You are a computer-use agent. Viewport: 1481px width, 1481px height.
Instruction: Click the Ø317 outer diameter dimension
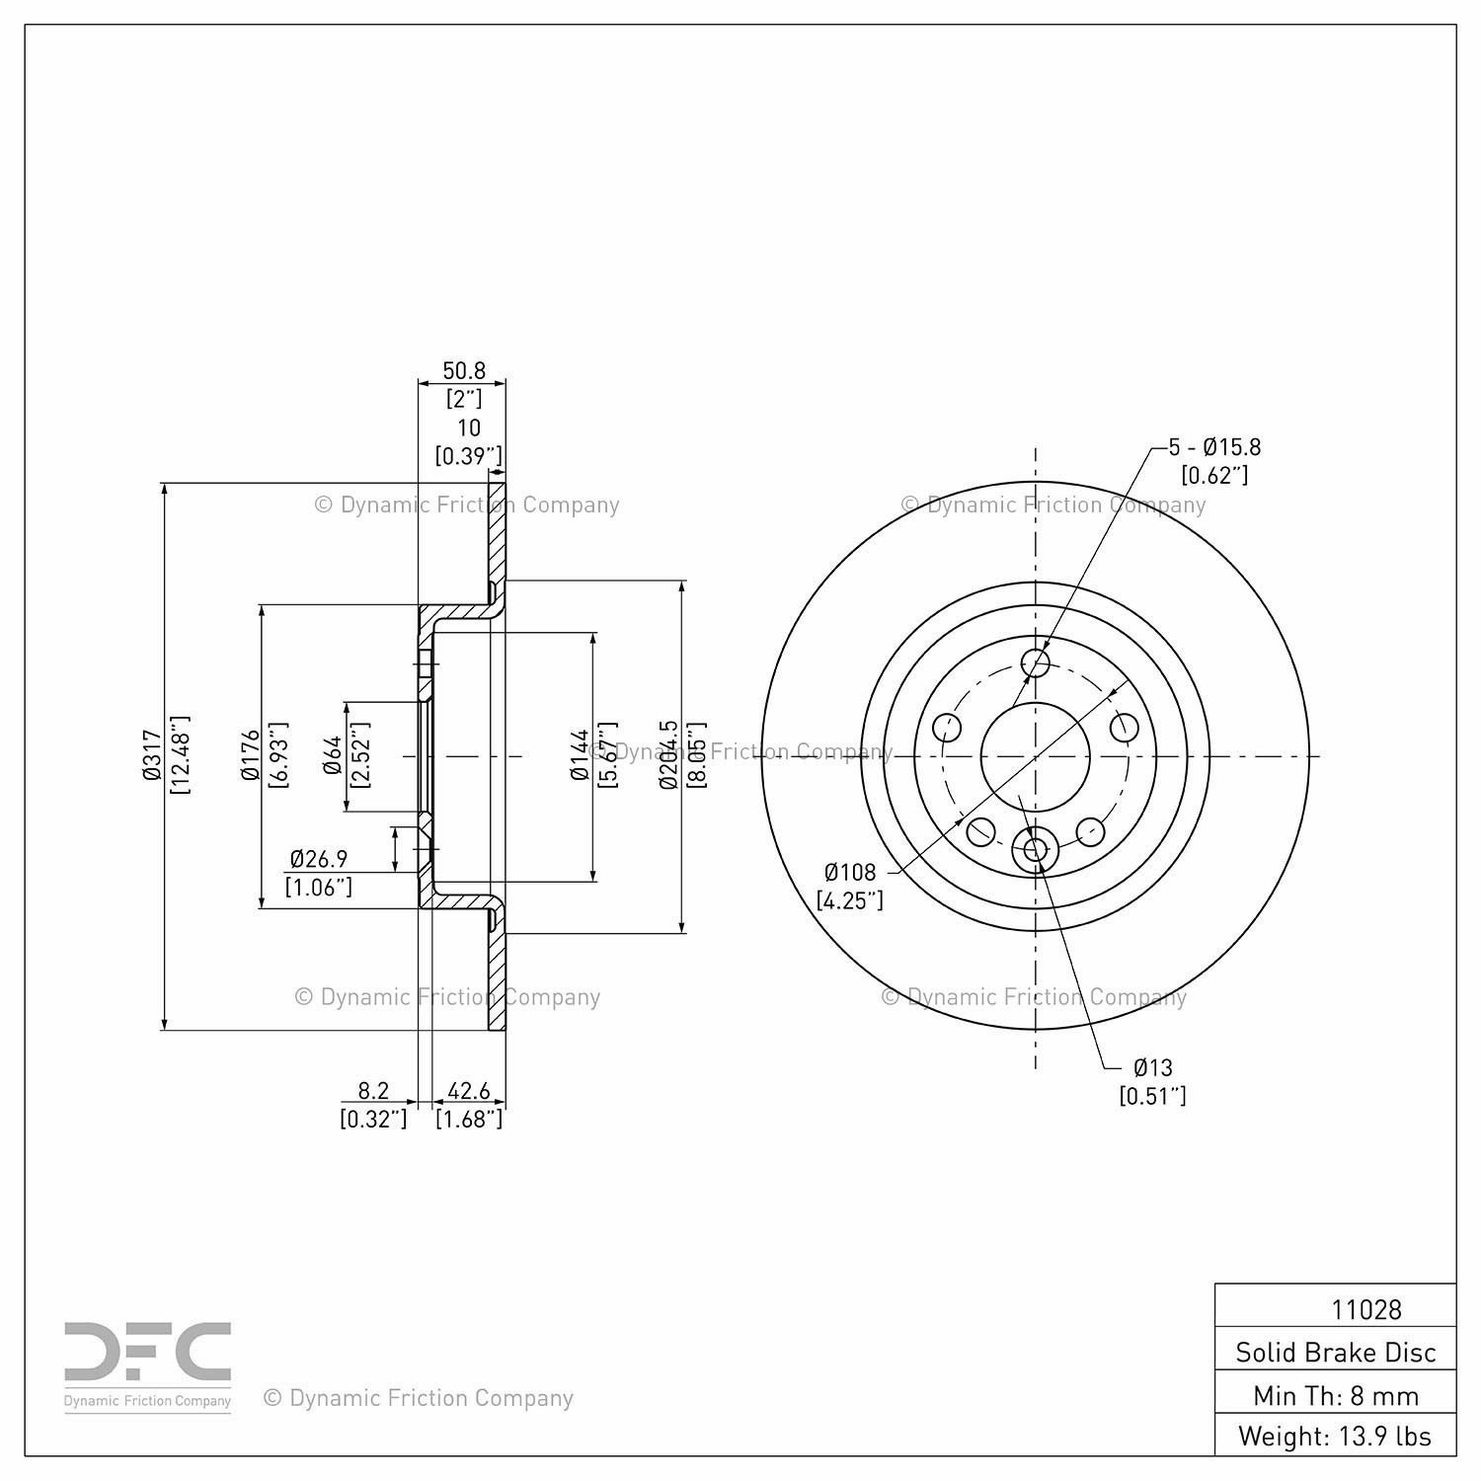coord(151,755)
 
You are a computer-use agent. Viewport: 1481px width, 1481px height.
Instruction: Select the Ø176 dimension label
coord(251,755)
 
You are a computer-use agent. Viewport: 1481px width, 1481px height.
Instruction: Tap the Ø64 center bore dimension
coord(333,755)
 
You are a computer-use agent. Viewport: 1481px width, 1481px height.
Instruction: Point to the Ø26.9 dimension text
coord(318,859)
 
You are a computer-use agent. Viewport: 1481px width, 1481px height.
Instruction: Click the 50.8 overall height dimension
coord(464,370)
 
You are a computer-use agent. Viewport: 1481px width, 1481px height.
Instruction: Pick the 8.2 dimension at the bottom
coord(373,1091)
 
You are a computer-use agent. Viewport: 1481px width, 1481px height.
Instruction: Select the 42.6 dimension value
coord(469,1091)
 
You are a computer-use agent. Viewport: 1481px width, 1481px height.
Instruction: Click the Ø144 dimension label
coord(581,755)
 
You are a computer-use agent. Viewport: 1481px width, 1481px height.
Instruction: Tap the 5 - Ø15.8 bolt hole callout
coord(1214,447)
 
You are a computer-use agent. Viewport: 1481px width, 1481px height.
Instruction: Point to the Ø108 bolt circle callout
coord(850,872)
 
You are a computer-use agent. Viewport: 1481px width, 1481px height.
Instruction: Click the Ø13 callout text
coord(1152,1067)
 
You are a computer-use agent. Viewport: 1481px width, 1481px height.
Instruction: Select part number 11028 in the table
coord(1366,1309)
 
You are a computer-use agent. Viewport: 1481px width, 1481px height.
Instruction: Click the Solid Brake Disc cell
coord(1336,1352)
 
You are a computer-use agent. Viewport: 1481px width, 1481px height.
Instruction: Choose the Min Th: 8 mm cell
coord(1336,1394)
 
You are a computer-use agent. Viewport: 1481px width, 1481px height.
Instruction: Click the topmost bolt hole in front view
coord(1036,662)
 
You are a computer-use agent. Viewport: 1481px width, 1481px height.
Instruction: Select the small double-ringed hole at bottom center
coord(1036,849)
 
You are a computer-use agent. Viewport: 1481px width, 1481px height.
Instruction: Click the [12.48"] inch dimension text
coord(180,755)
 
